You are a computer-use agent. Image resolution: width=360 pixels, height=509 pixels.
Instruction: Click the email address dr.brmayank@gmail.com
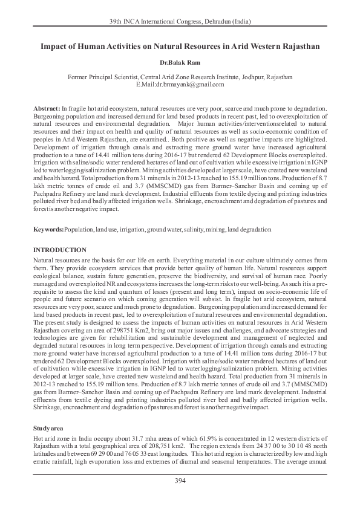pyautogui.click(x=185, y=85)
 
